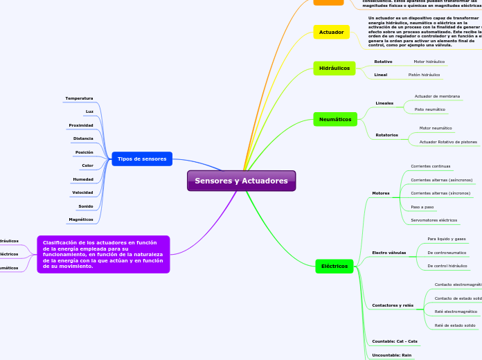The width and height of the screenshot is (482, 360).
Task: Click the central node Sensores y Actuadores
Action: pyautogui.click(x=241, y=181)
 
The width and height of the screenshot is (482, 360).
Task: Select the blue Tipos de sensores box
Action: pyautogui.click(x=142, y=159)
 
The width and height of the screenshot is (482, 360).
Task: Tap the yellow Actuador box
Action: pyautogui.click(x=331, y=32)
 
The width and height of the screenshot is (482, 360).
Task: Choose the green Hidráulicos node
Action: pyautogui.click(x=334, y=68)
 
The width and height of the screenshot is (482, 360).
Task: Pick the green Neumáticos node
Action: pyautogui.click(x=335, y=120)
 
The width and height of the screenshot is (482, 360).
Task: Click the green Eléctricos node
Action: pyautogui.click(x=334, y=266)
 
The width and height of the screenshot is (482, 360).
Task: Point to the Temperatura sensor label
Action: pyautogui.click(x=79, y=98)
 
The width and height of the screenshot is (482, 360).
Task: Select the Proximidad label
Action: pyautogui.click(x=80, y=125)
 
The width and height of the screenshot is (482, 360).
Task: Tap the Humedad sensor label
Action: pyautogui.click(x=82, y=179)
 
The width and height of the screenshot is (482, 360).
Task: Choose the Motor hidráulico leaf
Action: pyautogui.click(x=429, y=62)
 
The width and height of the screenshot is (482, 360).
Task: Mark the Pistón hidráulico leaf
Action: pyautogui.click(x=424, y=74)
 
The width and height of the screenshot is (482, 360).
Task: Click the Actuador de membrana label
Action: pyautogui.click(x=437, y=96)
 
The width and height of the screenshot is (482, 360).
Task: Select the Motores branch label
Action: pyautogui.click(x=380, y=193)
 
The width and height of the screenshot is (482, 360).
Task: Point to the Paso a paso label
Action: pyautogui.click(x=422, y=207)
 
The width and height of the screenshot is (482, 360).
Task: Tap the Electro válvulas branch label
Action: pyautogui.click(x=389, y=253)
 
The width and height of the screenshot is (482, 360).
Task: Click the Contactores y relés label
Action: pyautogui.click(x=392, y=305)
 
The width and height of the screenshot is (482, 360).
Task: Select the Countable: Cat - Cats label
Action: pyautogui.click(x=394, y=341)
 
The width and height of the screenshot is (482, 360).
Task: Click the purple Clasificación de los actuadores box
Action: pyautogui.click(x=102, y=254)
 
